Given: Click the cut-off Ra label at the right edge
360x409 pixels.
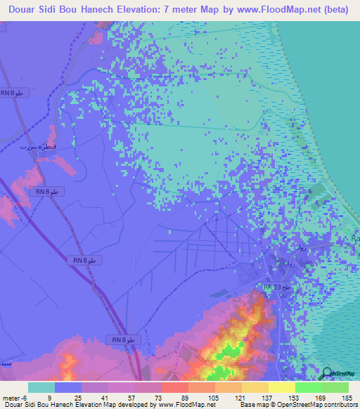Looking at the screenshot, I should (x=354, y=240).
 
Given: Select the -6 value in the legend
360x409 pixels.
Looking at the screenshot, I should (x=25, y=398).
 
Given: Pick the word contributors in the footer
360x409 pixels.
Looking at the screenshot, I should (x=340, y=405).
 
